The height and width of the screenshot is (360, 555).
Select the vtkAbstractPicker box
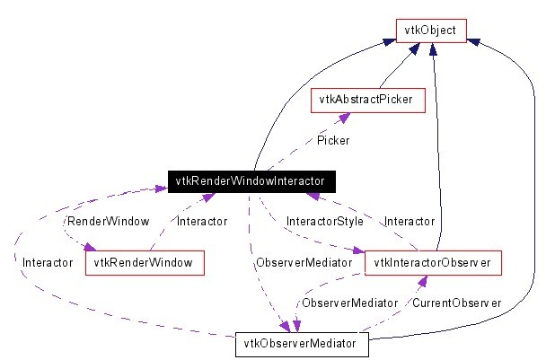[366, 99]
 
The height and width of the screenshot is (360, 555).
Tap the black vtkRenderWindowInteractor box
[252, 181]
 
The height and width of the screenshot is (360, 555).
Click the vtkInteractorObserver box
[433, 262]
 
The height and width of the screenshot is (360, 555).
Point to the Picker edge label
[333, 140]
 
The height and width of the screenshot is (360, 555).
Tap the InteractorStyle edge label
[323, 221]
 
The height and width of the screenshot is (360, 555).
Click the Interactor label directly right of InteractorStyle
[409, 221]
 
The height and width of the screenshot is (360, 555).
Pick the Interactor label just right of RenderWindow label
[201, 221]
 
